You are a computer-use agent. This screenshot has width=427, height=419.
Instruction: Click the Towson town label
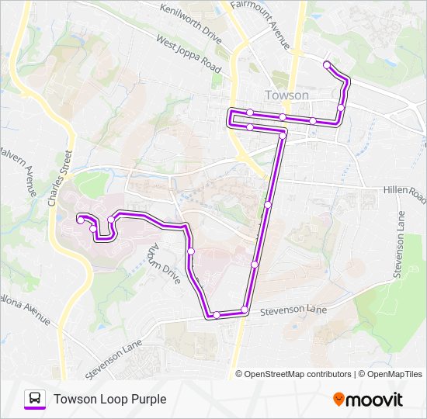[x=286, y=95]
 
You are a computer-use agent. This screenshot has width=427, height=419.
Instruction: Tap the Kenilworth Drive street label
[x=189, y=23]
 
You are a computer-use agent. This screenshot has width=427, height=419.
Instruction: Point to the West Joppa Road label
[x=189, y=54]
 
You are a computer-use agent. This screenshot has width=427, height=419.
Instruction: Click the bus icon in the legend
[x=34, y=398]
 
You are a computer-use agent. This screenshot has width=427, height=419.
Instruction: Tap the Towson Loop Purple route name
[x=109, y=399]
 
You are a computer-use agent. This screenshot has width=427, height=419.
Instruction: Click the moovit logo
[x=368, y=400]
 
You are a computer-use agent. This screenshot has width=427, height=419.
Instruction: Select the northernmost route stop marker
[x=327, y=64]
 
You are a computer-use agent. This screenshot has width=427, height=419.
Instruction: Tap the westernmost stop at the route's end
[x=80, y=220]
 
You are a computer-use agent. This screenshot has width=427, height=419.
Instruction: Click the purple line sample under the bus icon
[x=34, y=409]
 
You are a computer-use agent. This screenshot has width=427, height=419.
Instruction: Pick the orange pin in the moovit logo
[x=339, y=400]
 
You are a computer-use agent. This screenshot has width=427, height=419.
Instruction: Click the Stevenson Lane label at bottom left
[x=114, y=358]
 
